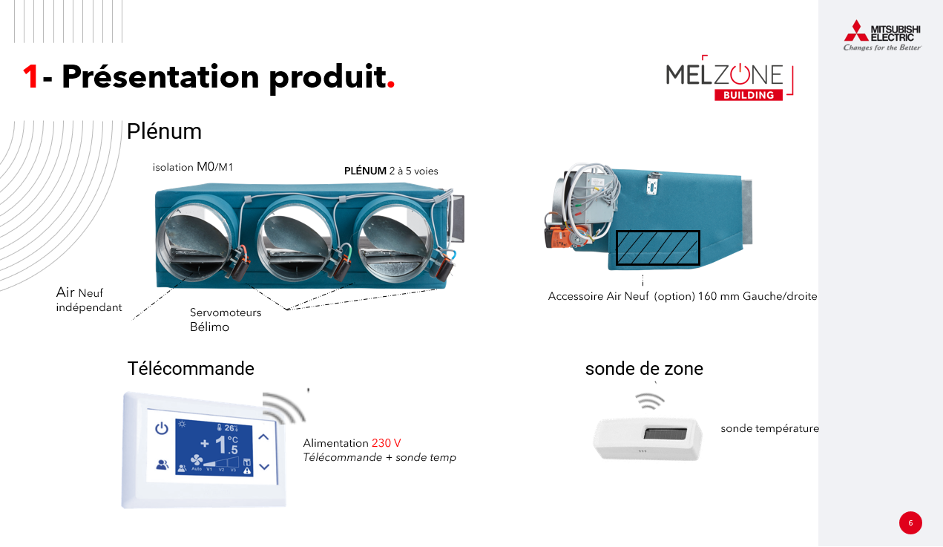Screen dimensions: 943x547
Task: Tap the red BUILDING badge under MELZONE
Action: [749, 95]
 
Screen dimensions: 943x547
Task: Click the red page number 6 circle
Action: [910, 523]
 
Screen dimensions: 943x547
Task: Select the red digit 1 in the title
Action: [30, 77]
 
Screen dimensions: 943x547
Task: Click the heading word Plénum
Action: [164, 131]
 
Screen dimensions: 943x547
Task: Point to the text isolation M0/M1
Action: [193, 167]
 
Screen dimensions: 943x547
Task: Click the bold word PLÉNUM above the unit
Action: [365, 171]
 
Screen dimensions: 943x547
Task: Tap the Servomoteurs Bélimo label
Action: [226, 320]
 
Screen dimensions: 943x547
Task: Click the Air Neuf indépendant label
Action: [89, 299]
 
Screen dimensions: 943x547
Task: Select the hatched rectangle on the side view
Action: [658, 248]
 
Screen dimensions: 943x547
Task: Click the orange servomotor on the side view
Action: [561, 237]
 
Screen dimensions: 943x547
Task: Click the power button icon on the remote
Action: [162, 428]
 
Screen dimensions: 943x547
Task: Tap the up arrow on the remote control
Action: [263, 436]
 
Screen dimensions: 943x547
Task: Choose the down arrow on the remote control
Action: [264, 467]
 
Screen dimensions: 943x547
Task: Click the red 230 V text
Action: [386, 443]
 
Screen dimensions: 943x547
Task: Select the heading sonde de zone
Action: [644, 369]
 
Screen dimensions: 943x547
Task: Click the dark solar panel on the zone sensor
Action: [666, 433]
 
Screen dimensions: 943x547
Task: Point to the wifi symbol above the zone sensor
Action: [650, 401]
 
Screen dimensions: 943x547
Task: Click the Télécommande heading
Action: [191, 368]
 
